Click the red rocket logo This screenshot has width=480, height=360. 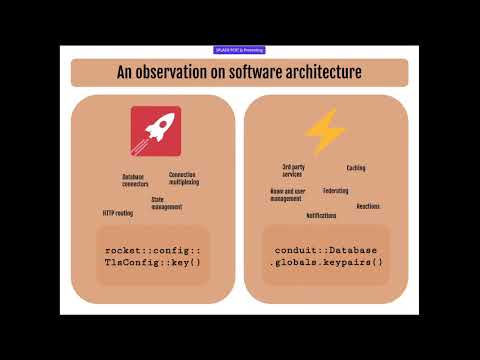click(155, 131)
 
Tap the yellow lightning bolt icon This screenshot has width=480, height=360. click(324, 131)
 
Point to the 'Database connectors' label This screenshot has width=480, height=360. click(135, 180)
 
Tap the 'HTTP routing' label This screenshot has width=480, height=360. click(117, 213)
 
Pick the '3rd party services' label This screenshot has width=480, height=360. click(293, 170)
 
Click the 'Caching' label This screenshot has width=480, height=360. click(356, 168)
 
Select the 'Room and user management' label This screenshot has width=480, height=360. click(287, 194)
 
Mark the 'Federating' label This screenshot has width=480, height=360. click(336, 190)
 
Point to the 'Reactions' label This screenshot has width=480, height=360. click(367, 206)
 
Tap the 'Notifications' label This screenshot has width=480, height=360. click(321, 215)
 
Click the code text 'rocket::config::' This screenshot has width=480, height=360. click(153, 250)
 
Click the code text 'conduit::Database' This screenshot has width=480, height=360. click(326, 250)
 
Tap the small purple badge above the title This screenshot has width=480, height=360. click(239, 49)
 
